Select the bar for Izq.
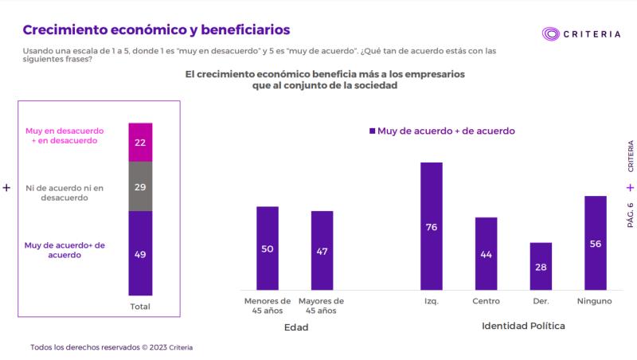point(432,226)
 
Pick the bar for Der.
point(541,266)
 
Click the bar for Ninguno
point(596,243)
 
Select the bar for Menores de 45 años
point(268,248)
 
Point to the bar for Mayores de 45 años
point(322,250)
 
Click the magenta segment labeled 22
point(140,143)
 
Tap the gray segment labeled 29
point(140,186)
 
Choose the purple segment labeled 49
point(140,253)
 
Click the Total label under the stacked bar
point(140,307)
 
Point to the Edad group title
point(295,327)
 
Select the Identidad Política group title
point(523,327)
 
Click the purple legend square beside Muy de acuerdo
point(371,131)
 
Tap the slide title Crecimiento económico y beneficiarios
point(156,29)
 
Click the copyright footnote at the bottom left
point(111,347)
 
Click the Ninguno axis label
point(596,302)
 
